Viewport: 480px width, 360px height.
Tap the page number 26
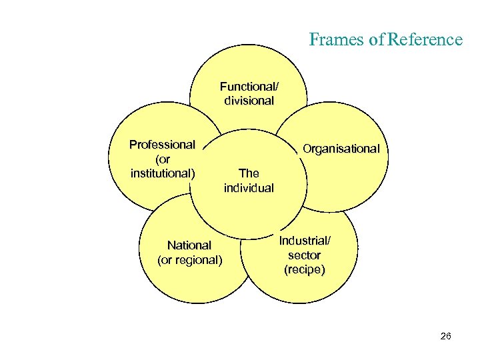(446, 337)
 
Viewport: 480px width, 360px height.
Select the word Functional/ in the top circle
(249, 87)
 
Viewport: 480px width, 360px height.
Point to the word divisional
(249, 101)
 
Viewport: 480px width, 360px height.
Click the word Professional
(163, 145)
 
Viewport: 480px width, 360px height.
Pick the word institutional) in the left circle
(163, 174)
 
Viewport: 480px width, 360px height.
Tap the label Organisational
(341, 149)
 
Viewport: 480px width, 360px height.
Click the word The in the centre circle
(249, 173)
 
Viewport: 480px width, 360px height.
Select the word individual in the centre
(249, 188)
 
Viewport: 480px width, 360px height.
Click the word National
(189, 245)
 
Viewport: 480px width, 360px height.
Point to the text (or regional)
(189, 260)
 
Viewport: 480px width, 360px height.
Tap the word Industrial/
(305, 241)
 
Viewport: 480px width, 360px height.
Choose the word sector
(305, 255)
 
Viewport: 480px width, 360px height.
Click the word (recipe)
(305, 270)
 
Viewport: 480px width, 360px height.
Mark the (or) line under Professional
(163, 160)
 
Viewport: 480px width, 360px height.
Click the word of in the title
(376, 40)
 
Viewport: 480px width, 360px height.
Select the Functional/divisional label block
(249, 94)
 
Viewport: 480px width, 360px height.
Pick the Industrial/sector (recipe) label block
(305, 255)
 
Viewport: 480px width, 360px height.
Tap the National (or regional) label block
(189, 253)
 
